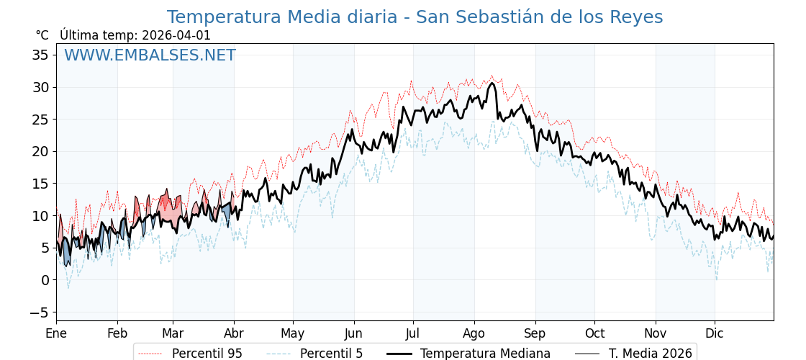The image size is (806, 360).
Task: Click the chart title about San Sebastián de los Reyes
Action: [x=415, y=17]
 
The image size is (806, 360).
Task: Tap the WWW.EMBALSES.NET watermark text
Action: [x=150, y=55]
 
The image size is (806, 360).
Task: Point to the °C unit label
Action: [x=42, y=35]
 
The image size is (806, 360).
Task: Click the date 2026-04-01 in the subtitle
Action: [x=176, y=35]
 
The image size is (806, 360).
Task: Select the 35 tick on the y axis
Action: [x=40, y=55]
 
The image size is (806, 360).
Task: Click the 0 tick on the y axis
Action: [x=45, y=280]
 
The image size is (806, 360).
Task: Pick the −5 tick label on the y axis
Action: [x=39, y=312]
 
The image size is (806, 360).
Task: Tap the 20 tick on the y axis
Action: [x=40, y=151]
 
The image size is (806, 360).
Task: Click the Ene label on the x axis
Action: [x=56, y=333]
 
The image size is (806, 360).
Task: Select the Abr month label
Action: [x=234, y=333]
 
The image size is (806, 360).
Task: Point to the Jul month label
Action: [x=413, y=333]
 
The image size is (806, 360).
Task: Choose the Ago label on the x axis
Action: [x=474, y=333]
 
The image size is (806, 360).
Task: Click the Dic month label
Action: [x=715, y=333]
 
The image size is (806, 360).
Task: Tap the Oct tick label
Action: [x=594, y=333]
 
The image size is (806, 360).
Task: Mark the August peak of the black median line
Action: [x=492, y=83]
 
